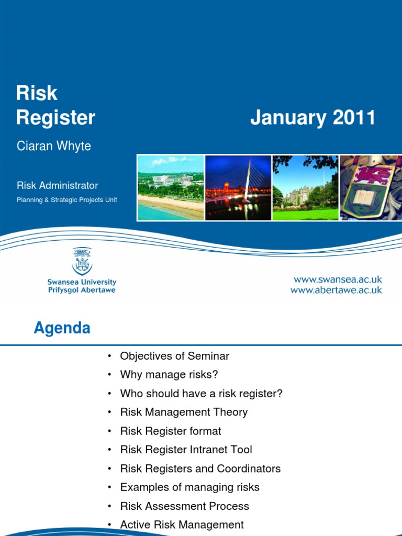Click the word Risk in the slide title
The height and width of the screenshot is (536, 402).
click(37, 93)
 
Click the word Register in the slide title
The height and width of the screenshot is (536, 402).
click(55, 118)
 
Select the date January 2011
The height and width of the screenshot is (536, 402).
click(312, 118)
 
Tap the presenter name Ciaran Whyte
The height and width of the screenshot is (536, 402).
click(54, 146)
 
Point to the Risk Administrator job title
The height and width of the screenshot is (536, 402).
click(57, 185)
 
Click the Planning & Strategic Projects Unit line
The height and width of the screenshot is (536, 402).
click(66, 200)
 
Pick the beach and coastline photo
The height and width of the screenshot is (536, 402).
click(171, 188)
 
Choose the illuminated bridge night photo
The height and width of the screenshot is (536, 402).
click(238, 188)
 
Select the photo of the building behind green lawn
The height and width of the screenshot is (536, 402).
click(305, 188)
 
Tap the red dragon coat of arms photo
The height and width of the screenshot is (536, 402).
click(371, 188)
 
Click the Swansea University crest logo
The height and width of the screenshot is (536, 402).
click(82, 262)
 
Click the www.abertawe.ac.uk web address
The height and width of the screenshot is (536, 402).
click(337, 290)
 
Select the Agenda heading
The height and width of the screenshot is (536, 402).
click(62, 328)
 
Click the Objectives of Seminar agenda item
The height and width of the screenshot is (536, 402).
click(174, 356)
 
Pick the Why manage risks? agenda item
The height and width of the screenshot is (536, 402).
click(169, 375)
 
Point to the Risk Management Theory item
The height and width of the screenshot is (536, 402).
click(184, 412)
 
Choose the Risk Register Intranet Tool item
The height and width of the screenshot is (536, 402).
click(186, 450)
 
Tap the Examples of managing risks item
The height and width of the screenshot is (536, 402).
click(189, 487)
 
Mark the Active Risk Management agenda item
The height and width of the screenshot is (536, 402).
click(182, 524)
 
